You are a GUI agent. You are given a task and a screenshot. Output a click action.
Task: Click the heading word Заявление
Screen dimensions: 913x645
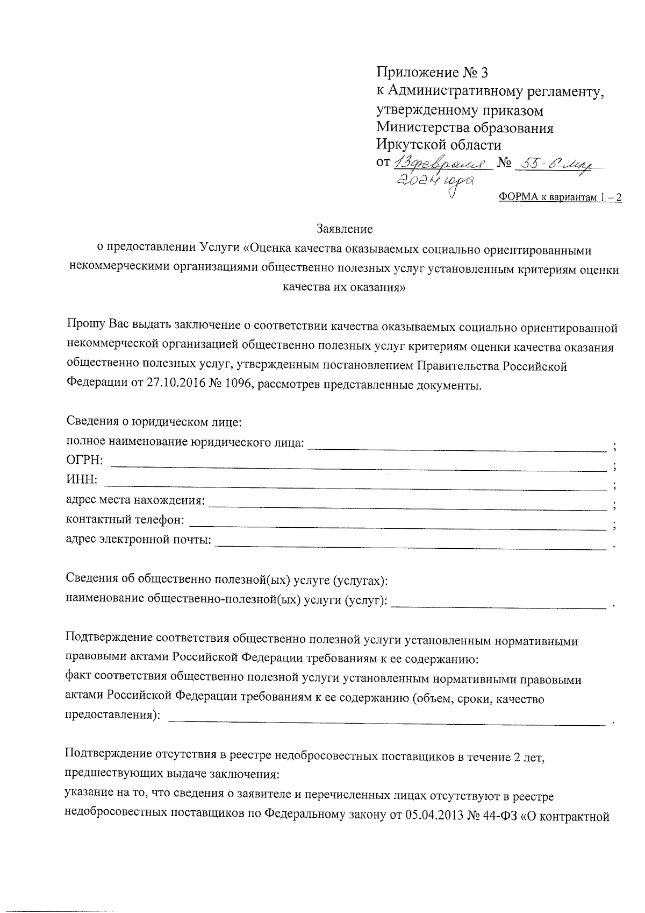(x=345, y=229)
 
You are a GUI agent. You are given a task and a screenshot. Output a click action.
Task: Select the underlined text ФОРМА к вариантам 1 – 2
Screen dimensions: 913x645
(x=560, y=197)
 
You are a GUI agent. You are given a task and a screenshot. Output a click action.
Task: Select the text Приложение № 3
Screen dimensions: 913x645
(x=433, y=73)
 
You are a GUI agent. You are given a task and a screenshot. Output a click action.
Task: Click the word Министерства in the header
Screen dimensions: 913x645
(x=422, y=128)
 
